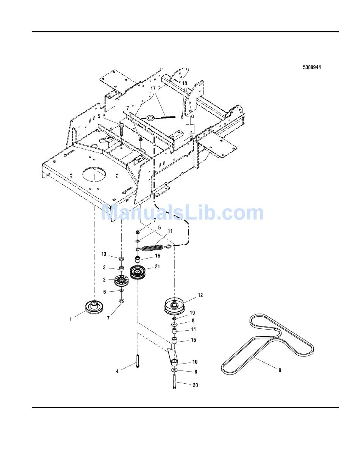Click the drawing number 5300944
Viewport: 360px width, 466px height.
point(311,67)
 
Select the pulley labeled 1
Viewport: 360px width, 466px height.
point(93,307)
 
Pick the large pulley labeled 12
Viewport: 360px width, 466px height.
point(174,306)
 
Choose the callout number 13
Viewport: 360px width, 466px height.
point(103,254)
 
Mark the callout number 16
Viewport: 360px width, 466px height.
point(157,256)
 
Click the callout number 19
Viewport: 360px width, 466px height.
point(192,313)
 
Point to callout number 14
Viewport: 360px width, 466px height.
point(193,329)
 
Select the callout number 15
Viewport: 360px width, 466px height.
point(193,340)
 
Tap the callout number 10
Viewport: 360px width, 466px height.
point(194,362)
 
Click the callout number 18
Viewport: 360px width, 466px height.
point(184,83)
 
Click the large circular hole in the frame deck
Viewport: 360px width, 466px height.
point(93,176)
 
